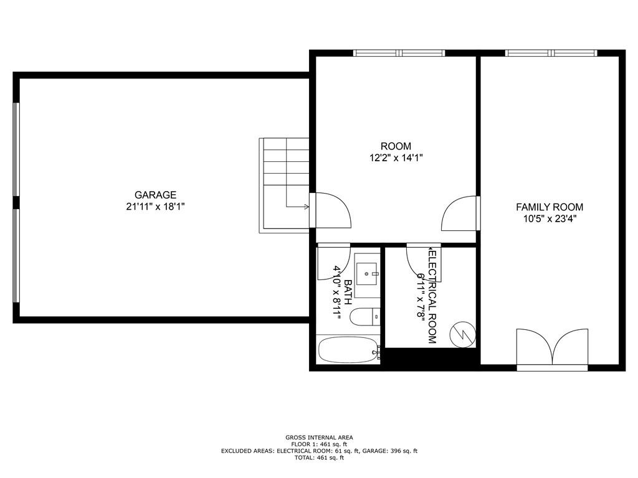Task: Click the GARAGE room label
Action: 155,195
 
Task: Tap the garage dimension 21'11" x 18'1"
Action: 155,207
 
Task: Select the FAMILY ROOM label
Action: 549,207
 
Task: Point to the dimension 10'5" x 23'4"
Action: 549,218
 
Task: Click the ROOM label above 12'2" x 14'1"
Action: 396,146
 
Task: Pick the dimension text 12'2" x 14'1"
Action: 396,158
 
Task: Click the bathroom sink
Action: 367,272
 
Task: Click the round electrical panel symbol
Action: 462,334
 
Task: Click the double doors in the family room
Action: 552,349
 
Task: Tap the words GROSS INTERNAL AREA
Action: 319,438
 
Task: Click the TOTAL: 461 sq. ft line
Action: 319,457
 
